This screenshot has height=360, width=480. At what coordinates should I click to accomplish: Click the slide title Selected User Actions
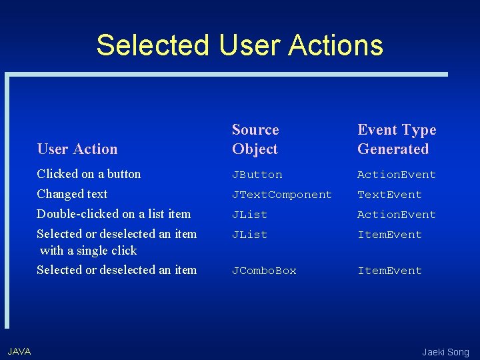point(239,45)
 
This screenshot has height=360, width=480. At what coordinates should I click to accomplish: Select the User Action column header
point(77,149)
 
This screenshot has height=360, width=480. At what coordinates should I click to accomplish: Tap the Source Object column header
point(255,139)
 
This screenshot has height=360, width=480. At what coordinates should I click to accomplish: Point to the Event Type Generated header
point(396,139)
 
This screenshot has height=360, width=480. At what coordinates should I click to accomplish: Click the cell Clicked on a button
point(89,174)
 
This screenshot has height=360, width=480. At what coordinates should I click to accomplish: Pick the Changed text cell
point(72,194)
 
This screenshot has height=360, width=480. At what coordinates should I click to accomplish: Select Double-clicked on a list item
point(113,214)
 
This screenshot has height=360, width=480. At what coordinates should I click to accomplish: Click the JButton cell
point(257,175)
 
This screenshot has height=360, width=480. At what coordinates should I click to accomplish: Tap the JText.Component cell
point(281,195)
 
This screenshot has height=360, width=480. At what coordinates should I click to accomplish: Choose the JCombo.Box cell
point(264,271)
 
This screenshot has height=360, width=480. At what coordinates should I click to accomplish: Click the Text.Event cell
point(389,195)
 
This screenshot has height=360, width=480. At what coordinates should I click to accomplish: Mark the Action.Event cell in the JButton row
point(396,175)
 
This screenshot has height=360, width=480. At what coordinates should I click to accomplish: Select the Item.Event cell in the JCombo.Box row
point(389,271)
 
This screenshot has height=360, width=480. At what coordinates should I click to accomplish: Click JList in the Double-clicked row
point(249,215)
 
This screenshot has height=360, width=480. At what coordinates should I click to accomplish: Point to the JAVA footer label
point(19,351)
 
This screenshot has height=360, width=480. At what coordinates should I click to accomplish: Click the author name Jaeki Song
point(445,352)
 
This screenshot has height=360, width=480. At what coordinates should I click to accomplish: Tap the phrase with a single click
point(88,251)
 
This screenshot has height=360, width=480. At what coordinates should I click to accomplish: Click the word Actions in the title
point(335,45)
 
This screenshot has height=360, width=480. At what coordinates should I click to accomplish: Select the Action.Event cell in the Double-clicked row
point(396,215)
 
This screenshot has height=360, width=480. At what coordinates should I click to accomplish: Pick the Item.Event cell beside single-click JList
point(389,235)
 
